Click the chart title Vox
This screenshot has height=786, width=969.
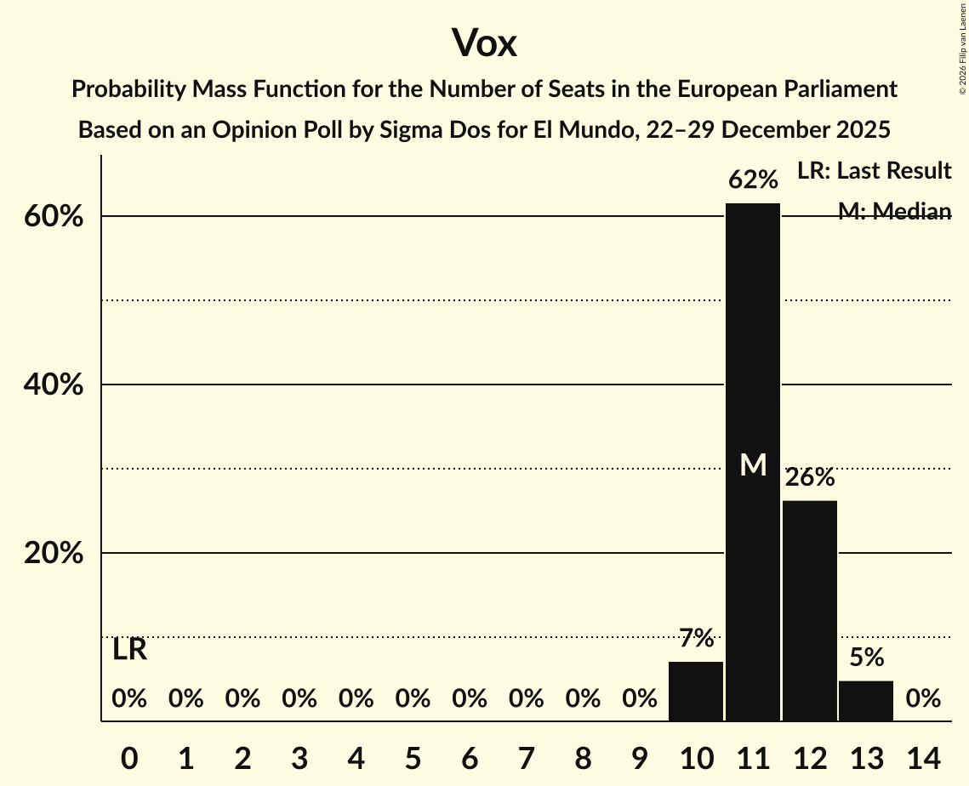point(484,43)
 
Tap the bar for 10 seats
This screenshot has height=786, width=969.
point(696,691)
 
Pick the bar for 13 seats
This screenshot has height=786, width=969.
point(866,700)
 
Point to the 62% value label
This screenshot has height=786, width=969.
point(753,180)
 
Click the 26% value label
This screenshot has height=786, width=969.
point(809,478)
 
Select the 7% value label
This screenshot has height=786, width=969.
point(696,638)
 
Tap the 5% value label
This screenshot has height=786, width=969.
point(866,658)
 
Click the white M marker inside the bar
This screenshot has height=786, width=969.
point(753,464)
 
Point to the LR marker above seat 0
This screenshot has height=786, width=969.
point(129,650)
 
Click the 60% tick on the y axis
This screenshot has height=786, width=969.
point(53,217)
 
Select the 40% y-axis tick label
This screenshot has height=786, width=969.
point(53,385)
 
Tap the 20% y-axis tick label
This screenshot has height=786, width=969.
point(53,554)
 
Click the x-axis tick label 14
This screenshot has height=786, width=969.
point(923,757)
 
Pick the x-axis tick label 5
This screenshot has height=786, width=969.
point(413,757)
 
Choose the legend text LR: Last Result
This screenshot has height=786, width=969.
point(874,171)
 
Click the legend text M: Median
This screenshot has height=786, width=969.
point(893,212)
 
